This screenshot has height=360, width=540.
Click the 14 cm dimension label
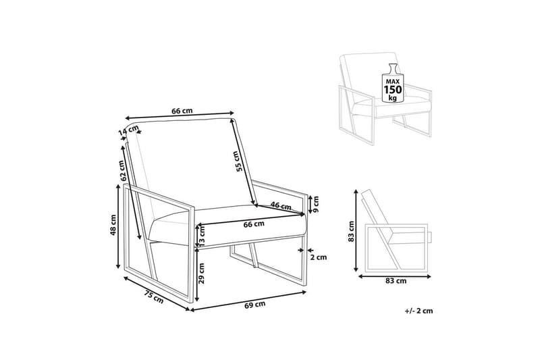point(128,131)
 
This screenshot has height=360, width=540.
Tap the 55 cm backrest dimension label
point(238,161)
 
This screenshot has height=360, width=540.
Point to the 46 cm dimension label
point(281,206)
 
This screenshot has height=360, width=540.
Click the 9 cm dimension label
point(316,204)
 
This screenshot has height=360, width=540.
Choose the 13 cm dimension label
point(202,234)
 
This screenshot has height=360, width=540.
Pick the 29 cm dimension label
point(202,273)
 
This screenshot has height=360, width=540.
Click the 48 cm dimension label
point(113,225)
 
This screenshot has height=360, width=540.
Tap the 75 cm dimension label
point(154,297)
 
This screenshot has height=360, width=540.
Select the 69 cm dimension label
point(255,305)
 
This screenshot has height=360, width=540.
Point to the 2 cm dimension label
point(319,257)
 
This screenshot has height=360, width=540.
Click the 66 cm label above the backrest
point(182,111)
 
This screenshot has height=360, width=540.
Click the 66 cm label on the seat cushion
point(254,224)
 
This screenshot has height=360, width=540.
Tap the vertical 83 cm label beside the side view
point(351,232)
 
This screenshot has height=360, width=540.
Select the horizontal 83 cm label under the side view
point(396,281)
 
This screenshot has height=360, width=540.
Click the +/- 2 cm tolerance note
point(418,311)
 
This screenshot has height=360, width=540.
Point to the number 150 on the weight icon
point(393,90)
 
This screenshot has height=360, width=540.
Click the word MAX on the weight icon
point(393,81)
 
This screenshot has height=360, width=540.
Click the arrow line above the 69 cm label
point(248,301)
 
